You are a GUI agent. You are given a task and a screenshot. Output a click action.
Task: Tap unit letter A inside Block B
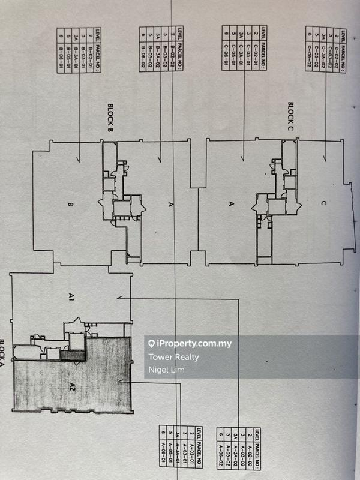tap(170, 205)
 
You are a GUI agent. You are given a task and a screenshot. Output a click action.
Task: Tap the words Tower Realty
tap(173, 358)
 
